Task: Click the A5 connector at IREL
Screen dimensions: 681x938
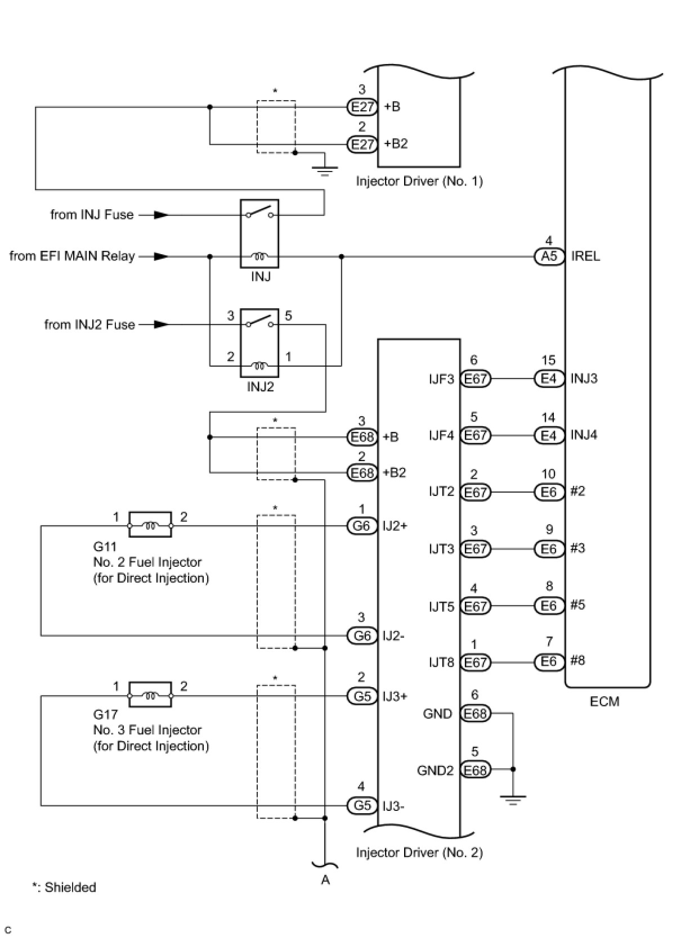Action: pos(549,256)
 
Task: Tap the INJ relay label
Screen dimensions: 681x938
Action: pos(261,276)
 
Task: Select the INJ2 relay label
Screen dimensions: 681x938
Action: pos(260,386)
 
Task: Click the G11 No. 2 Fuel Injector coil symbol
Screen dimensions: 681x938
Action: pos(150,524)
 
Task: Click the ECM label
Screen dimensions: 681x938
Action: pos(604,701)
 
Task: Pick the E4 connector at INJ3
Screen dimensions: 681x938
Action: pos(549,378)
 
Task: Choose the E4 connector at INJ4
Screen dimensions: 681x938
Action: pos(549,435)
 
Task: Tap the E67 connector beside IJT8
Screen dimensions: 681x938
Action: pos(475,662)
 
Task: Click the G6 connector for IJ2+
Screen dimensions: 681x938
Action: pos(362,526)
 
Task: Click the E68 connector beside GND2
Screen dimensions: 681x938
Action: pos(475,770)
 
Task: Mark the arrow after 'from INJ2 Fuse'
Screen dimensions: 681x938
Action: pos(161,324)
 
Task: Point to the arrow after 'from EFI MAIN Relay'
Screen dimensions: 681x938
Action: pos(161,256)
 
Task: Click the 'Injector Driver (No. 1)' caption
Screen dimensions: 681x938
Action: pos(419,181)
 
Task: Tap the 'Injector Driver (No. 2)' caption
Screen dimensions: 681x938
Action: pos(419,853)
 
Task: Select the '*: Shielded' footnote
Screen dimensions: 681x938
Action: pos(64,887)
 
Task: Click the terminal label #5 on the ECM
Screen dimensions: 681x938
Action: pos(578,605)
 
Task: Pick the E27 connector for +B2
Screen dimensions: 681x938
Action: pos(362,145)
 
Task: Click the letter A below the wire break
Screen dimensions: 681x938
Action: pos(326,880)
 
